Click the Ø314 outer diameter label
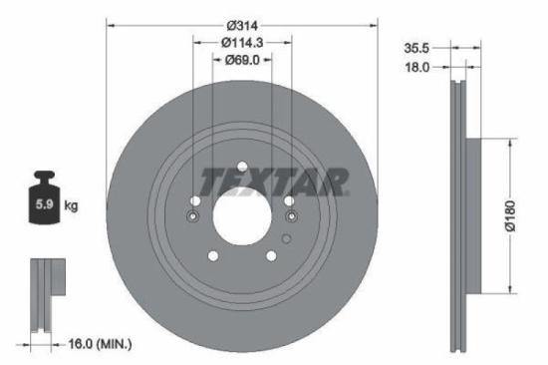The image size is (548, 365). pos(242,23)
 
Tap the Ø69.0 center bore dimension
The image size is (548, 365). pos(242,60)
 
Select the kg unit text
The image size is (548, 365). pos(71,207)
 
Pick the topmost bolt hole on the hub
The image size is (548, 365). pos(242,167)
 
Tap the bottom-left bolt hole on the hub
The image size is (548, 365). pos(212,256)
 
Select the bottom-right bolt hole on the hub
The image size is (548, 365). pos(271,256)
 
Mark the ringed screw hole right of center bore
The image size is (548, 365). pos(290,214)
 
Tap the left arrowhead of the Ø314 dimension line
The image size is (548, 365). pos(110,23)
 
